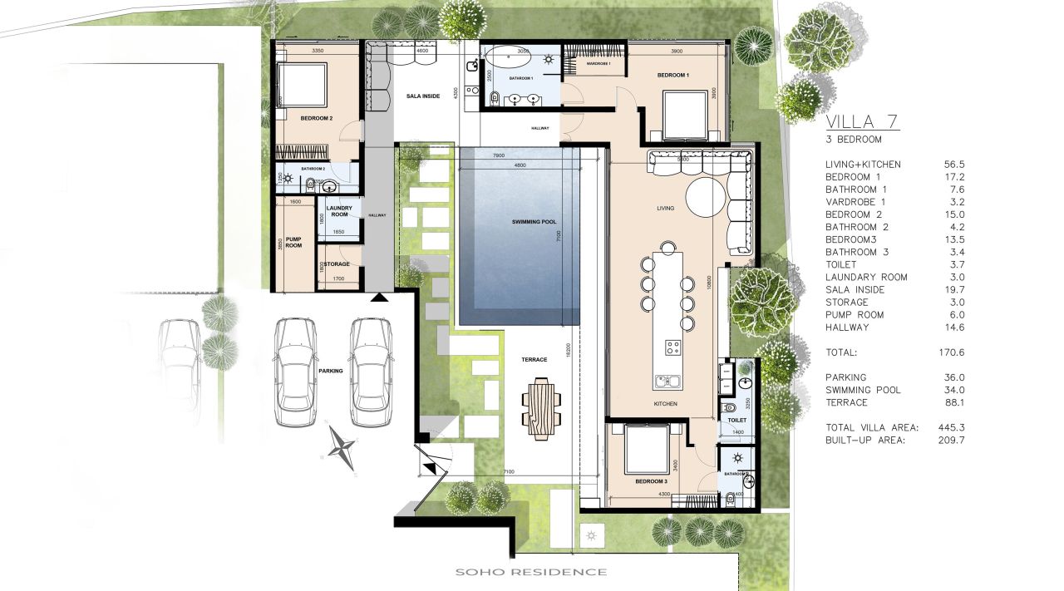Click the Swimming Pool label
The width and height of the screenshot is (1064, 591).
click(534, 222)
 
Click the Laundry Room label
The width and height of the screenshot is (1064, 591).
click(339, 211)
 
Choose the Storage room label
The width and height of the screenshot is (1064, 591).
click(337, 264)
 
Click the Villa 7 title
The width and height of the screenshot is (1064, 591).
click(861, 122)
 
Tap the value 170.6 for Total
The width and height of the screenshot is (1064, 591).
click(948, 352)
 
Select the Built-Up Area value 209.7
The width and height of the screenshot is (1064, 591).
click(948, 440)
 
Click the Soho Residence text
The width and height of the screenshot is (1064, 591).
click(530, 572)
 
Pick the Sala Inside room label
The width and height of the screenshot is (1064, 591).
click(423, 96)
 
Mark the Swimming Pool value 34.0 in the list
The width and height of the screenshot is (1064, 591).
click(949, 390)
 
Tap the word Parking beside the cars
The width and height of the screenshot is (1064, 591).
click(330, 372)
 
